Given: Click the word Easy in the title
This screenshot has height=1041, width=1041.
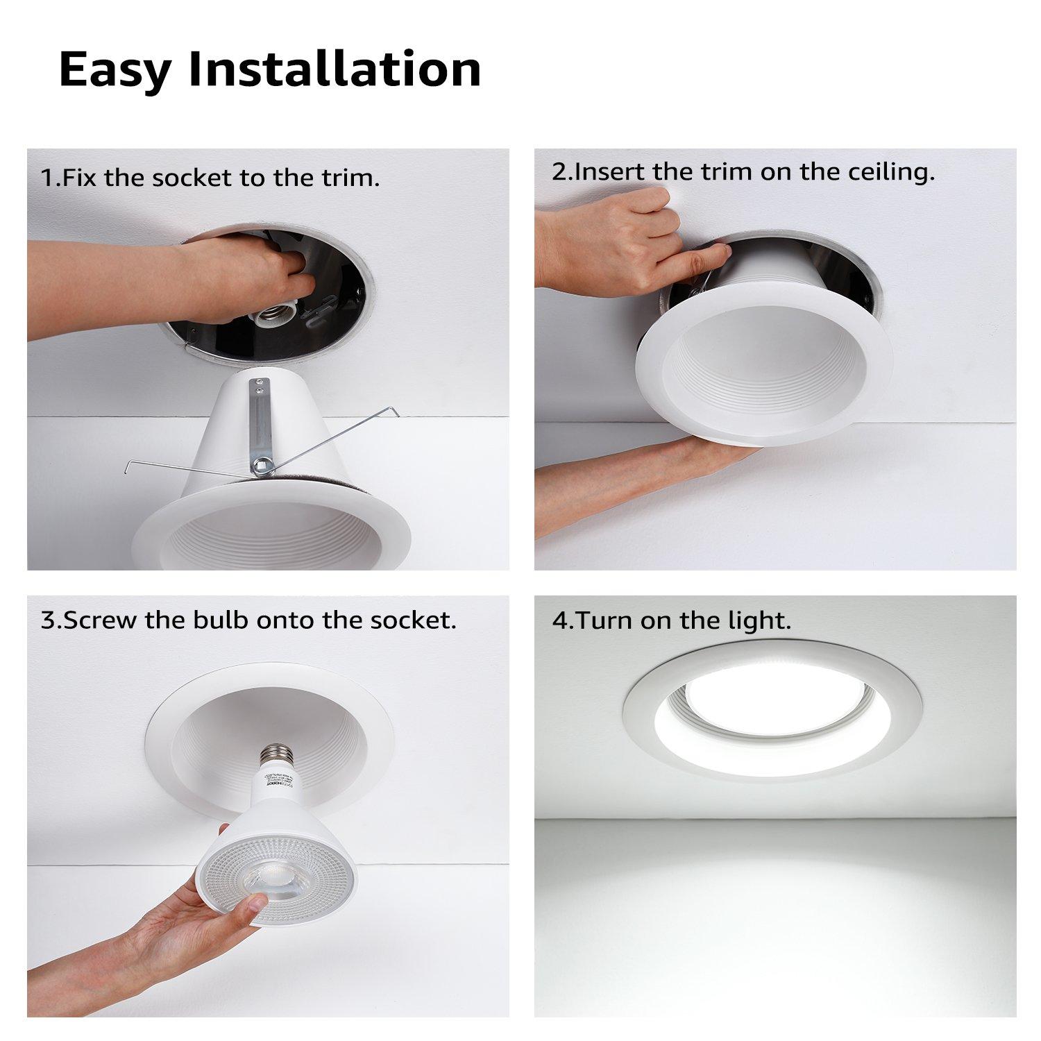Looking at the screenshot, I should pos(115,69).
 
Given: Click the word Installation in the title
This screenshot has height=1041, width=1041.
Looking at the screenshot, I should pos(335,69).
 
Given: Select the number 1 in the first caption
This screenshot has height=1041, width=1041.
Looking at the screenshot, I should pos(46,178).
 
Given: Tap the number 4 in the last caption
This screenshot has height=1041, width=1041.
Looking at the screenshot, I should pos(559,620).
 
